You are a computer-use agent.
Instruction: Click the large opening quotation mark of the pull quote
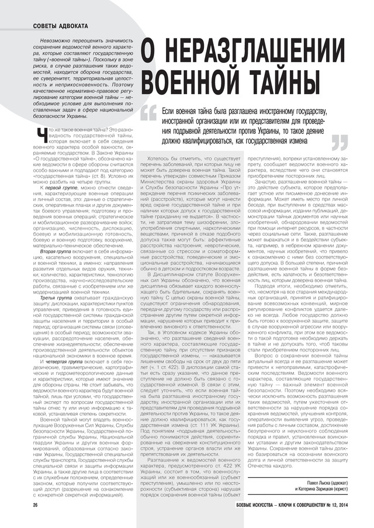tap(149, 112)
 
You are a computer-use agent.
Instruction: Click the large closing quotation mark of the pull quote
tap(340, 143)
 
